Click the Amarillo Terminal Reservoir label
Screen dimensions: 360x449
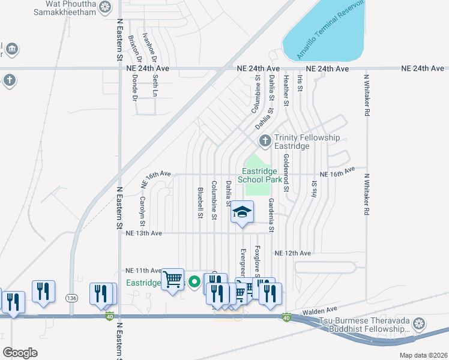click(330, 30)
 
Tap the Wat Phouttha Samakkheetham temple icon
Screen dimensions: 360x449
click(106, 7)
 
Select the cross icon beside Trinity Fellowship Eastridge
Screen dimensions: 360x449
click(265, 142)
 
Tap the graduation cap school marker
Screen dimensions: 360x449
click(242, 212)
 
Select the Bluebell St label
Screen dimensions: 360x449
click(200, 203)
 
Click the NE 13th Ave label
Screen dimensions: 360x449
click(144, 233)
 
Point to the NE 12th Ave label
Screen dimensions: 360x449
click(292, 254)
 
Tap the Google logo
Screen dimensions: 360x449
click(20, 353)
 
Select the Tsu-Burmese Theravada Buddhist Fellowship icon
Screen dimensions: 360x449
click(419, 324)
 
